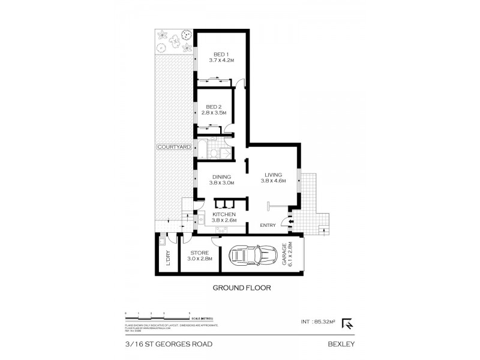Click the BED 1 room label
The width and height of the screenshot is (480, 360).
pos(221,55)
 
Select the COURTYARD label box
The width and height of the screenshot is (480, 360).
pos(173,146)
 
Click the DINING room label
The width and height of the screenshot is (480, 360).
pos(221,176)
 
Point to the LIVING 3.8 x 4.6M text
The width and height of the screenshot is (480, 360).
pos(273,179)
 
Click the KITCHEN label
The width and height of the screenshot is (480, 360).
pos(224,215)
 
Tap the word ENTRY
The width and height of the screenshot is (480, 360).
pos(268,226)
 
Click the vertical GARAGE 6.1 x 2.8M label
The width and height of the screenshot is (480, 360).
pos(287,254)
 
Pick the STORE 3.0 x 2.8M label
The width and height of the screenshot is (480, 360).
pos(199,256)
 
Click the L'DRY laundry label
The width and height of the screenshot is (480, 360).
pos(169,257)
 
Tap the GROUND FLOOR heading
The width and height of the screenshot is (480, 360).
pos(242,288)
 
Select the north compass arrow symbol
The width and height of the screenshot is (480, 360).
pos(347,323)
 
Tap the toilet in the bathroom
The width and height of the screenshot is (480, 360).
pos(214,154)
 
